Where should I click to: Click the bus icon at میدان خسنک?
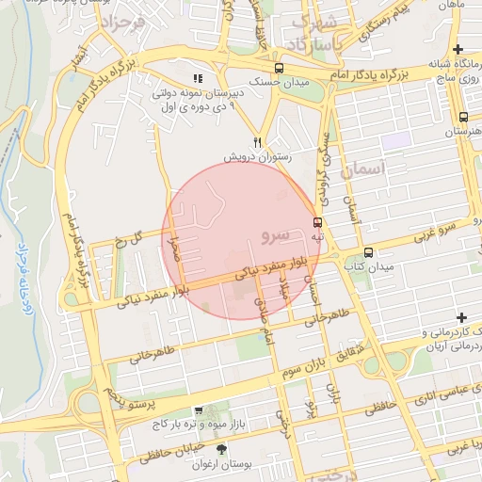(x=279, y=68)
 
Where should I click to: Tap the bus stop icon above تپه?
(x=317, y=223)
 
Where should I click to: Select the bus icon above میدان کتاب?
(x=368, y=252)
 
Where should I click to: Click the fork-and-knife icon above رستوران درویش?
(x=230, y=141)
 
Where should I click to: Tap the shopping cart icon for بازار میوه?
(x=199, y=411)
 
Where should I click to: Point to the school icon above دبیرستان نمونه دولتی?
(x=198, y=78)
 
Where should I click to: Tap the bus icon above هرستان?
(x=463, y=118)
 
